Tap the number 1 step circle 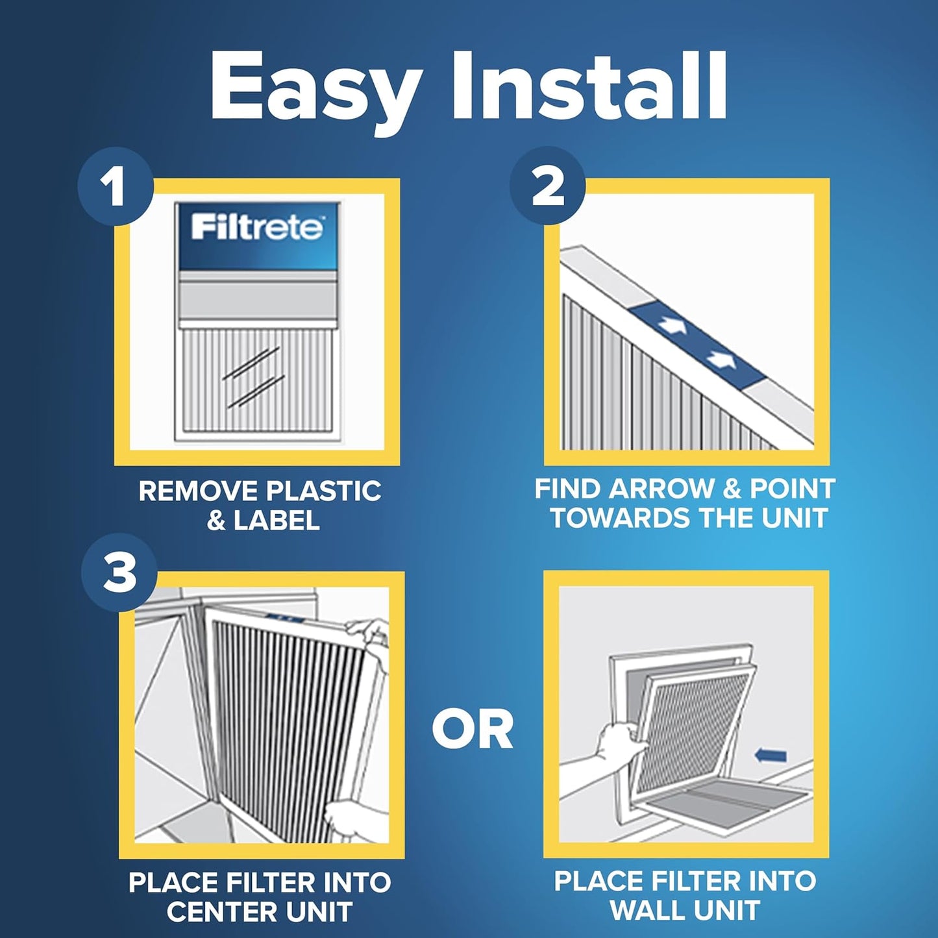pos(115,187)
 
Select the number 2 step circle pos(547,186)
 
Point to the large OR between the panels pos(473,730)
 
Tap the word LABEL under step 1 pos(277,521)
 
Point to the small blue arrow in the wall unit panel pos(771,755)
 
